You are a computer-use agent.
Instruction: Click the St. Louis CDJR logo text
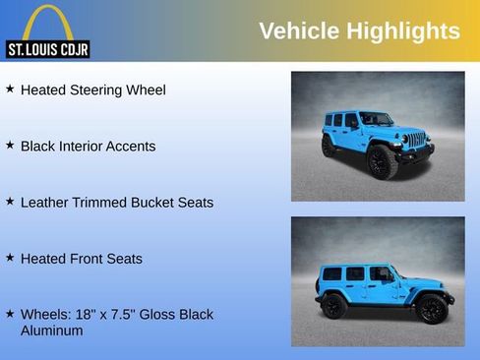pyautogui.click(x=47, y=49)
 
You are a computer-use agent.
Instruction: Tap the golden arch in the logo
pyautogui.click(x=47, y=22)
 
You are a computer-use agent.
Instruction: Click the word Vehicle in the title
pyautogui.click(x=299, y=31)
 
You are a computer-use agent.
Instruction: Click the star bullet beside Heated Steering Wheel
pyautogui.click(x=10, y=89)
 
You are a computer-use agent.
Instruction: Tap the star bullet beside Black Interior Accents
pyautogui.click(x=10, y=145)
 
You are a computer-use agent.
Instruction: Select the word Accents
pyautogui.click(x=135, y=146)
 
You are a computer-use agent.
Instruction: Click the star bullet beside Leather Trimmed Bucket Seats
pyautogui.click(x=10, y=201)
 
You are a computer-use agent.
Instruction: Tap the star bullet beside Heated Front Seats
pyautogui.click(x=10, y=257)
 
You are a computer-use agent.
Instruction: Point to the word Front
pyautogui.click(x=89, y=259)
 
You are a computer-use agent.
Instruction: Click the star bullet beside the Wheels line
pyautogui.click(x=10, y=313)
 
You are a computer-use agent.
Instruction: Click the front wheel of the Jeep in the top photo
pyautogui.click(x=382, y=162)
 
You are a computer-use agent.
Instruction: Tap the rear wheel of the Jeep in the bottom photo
pyautogui.click(x=333, y=306)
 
